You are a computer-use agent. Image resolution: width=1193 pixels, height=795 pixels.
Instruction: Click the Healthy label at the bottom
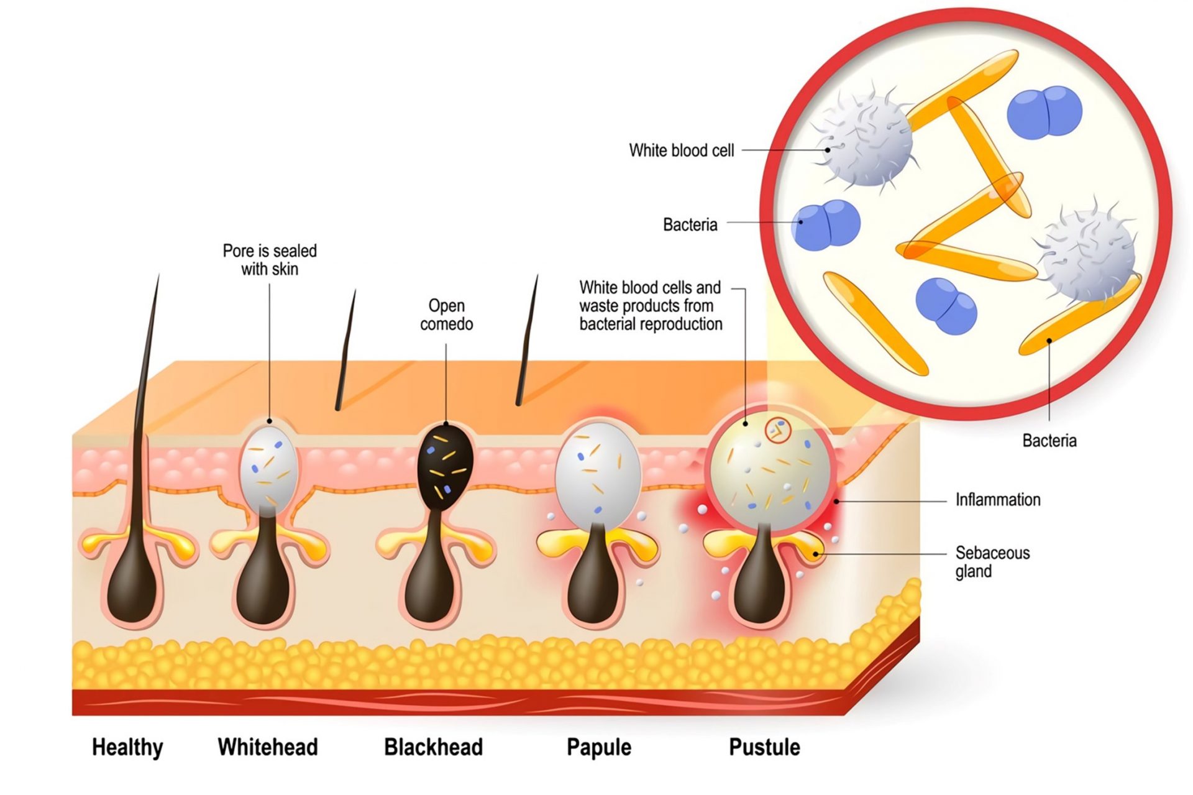pos(127,747)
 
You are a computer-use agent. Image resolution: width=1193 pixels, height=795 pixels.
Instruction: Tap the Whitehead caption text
pos(267,747)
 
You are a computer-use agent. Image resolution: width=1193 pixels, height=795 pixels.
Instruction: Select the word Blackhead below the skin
pos(433,747)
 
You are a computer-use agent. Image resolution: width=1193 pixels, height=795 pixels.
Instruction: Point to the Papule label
pos(598,747)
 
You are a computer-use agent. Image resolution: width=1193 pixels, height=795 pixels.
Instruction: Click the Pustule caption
pos(764,747)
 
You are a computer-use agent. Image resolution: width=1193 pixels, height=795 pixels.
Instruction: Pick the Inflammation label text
pos(997,500)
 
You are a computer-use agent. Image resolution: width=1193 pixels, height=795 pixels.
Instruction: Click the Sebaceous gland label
pos(992,561)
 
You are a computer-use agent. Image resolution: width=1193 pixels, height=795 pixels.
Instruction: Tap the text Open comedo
pos(446,315)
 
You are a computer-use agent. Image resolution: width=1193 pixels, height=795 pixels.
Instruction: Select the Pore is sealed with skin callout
pos(270,260)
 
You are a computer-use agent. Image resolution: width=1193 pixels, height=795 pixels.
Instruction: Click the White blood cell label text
pos(681,150)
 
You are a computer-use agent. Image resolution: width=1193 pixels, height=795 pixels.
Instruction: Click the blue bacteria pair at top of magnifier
pos(1044,112)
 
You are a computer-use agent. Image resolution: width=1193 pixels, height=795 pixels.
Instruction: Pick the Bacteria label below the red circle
pos(1049,441)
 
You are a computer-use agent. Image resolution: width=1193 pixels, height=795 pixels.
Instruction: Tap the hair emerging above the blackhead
pos(528,342)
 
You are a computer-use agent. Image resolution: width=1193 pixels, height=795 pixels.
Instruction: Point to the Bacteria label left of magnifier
pos(690,224)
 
